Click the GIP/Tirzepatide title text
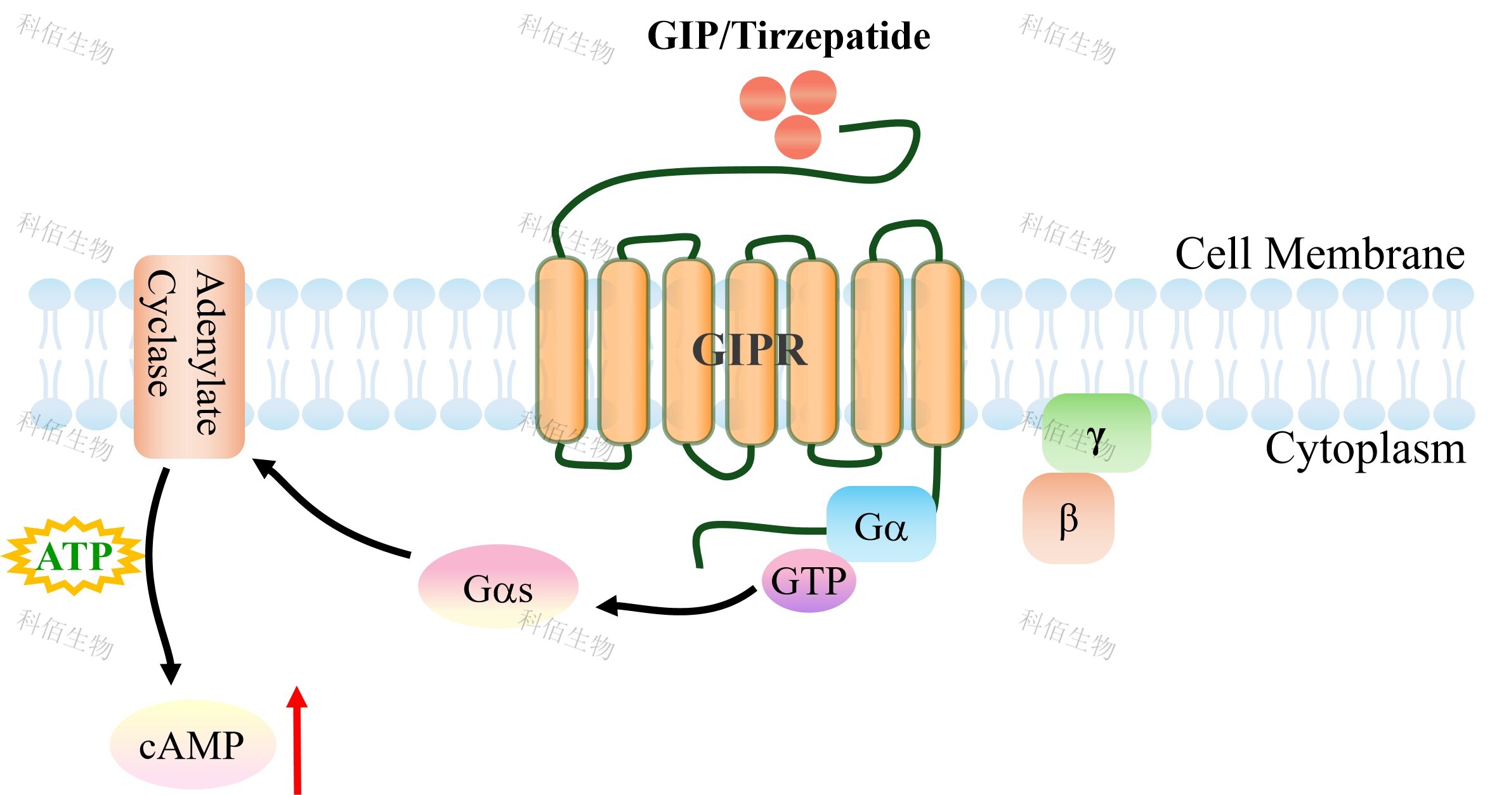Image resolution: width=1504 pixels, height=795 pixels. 788,36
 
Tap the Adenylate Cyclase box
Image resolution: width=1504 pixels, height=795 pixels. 189,357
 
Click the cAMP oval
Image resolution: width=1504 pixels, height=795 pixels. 193,745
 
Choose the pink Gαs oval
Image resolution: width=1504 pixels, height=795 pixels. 498,588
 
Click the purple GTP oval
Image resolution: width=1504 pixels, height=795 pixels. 808,581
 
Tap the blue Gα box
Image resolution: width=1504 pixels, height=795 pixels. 881,524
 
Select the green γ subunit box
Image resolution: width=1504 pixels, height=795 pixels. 1096,433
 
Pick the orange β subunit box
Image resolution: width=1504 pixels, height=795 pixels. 1068,518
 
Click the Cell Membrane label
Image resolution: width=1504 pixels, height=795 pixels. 1319,254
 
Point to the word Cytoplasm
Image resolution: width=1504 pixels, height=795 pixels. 1365,449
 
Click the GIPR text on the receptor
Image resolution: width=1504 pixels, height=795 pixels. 749,350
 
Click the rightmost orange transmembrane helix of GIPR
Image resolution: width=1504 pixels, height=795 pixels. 938,353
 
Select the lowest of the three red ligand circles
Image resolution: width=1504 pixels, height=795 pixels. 798,137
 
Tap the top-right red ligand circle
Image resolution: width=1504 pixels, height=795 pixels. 814,93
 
